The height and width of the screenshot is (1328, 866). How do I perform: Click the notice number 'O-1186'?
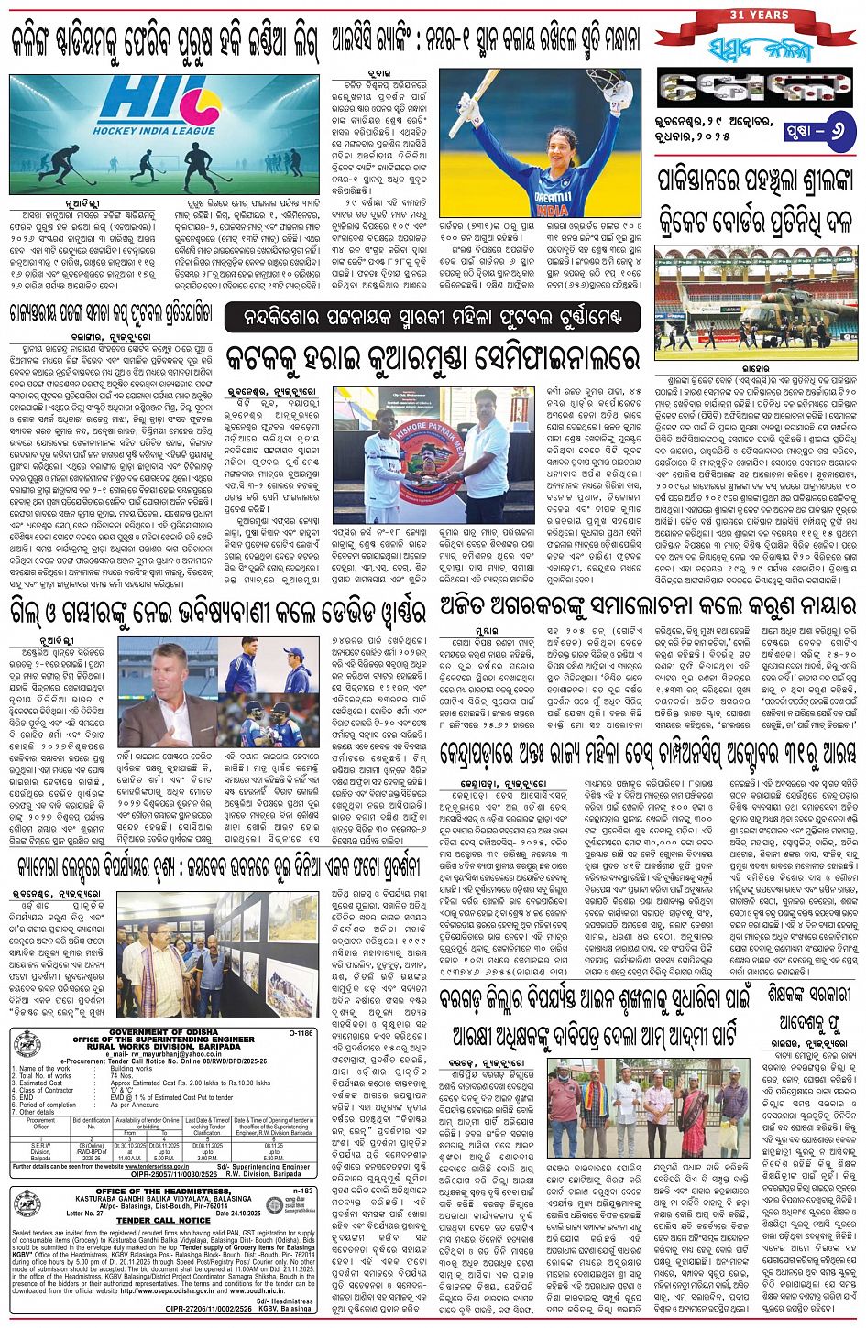[x=299, y=1032]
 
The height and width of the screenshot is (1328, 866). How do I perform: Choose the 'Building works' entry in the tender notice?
[x=131, y=1069]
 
